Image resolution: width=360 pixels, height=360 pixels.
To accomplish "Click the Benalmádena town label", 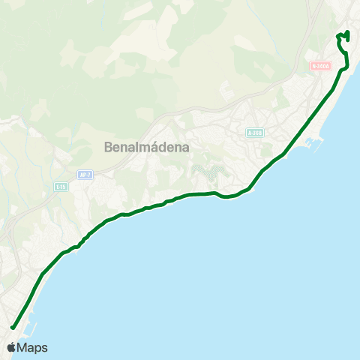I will point(147,147).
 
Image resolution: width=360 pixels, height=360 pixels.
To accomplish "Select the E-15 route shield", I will point(61,185).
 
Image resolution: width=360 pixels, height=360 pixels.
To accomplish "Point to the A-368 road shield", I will point(254,133).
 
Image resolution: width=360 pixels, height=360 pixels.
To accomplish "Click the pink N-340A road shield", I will point(319,66).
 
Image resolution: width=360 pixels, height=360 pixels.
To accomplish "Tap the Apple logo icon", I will point(11,347).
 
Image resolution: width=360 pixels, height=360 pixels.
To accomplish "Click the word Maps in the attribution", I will point(33,347).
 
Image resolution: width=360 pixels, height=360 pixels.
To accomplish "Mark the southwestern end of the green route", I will point(13,327).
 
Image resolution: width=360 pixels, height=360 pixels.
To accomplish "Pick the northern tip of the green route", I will point(348,32).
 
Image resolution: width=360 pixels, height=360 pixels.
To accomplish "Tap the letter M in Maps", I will point(24,347).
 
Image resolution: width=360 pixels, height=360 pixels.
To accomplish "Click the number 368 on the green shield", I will point(256,133).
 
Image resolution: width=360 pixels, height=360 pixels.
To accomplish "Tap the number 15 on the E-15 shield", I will point(63,185).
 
